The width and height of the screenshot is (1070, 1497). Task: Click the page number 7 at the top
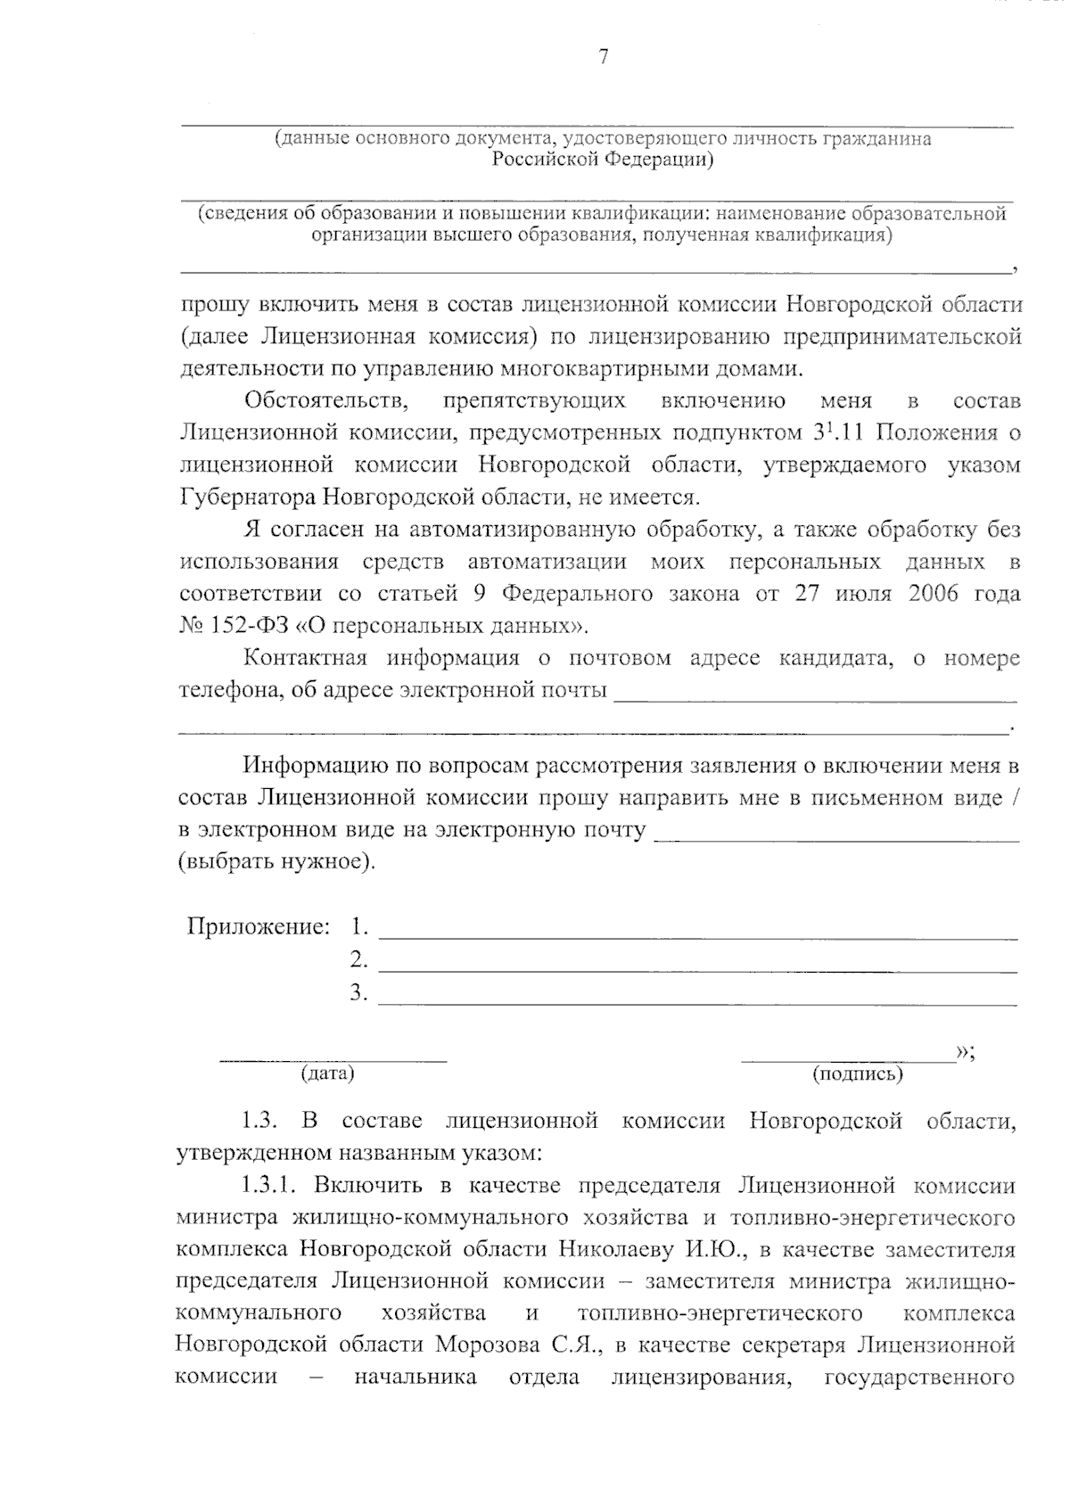604,58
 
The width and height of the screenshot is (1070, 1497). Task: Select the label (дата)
328,1073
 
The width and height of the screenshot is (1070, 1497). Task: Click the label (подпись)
858,1074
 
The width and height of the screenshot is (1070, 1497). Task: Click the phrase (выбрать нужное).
276,862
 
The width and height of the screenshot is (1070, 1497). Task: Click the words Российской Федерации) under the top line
603,160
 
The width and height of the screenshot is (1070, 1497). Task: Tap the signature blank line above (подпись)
847,1059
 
